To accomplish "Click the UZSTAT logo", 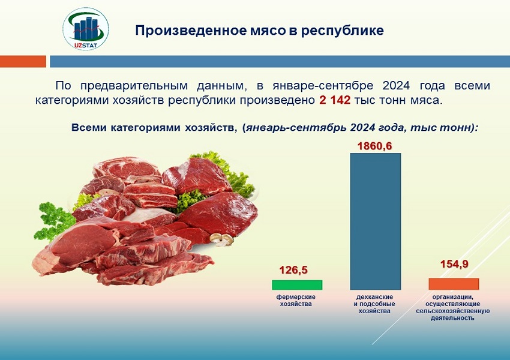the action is click(86, 29).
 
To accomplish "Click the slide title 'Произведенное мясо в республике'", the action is click(260, 30).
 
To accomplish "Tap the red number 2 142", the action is click(335, 100).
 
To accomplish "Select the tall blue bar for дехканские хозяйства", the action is click(376, 221).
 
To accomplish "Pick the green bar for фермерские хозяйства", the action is click(297, 285).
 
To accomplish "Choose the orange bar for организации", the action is click(454, 284).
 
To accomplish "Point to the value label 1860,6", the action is click(374, 146).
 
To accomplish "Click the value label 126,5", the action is click(293, 270).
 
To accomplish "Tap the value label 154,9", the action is click(454, 264).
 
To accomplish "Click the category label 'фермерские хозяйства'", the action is click(296, 301).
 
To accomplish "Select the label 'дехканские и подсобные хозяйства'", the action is click(374, 304).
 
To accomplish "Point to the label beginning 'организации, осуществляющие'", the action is click(453, 307).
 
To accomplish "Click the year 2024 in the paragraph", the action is click(396, 86).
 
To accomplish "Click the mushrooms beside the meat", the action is click(221, 239).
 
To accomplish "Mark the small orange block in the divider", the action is click(23, 61).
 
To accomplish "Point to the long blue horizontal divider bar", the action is click(280, 61).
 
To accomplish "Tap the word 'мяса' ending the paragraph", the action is click(428, 100).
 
